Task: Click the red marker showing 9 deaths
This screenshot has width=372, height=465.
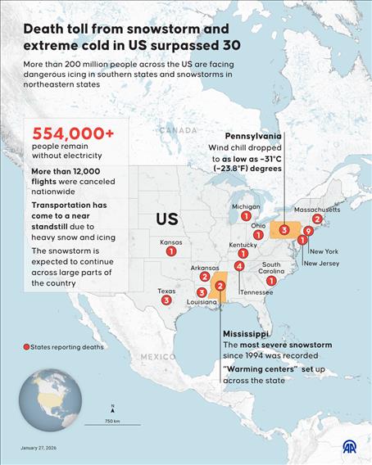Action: click(307, 231)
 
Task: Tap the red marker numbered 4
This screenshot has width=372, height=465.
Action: click(238, 266)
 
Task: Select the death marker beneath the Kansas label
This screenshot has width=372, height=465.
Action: click(170, 252)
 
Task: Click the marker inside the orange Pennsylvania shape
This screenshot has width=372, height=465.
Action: click(284, 230)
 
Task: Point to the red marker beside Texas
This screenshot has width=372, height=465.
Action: click(166, 300)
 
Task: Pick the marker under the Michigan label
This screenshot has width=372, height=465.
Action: click(246, 216)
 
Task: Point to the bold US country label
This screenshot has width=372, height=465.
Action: click(167, 220)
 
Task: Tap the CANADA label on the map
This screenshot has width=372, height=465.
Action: click(178, 130)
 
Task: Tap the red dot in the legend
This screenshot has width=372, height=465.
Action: click(26, 348)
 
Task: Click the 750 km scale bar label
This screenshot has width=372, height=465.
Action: click(112, 421)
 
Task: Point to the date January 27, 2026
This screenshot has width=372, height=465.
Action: click(39, 449)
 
